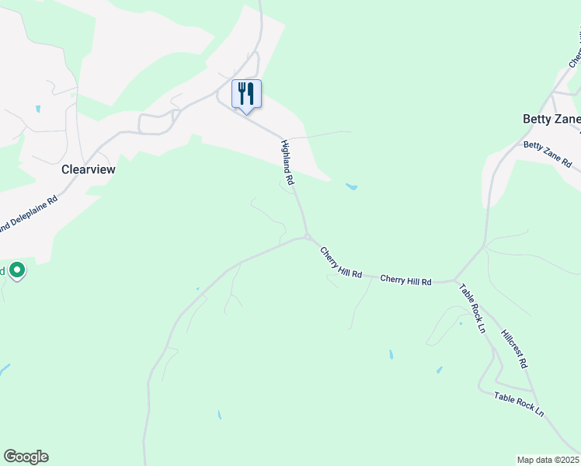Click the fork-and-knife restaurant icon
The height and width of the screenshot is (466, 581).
pyautogui.click(x=246, y=94)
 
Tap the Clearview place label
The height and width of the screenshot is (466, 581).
pyautogui.click(x=88, y=169)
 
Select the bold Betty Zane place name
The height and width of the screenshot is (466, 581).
pyautogui.click(x=551, y=120)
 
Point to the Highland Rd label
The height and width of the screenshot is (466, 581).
pyautogui.click(x=287, y=162)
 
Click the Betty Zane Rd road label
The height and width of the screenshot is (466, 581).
pyautogui.click(x=548, y=155)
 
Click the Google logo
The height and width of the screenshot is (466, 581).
pyautogui.click(x=26, y=457)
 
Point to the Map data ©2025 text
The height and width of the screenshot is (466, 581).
pyautogui.click(x=548, y=460)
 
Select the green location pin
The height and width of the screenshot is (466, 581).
pyautogui.click(x=16, y=270)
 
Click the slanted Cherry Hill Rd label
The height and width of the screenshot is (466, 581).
pyautogui.click(x=341, y=263)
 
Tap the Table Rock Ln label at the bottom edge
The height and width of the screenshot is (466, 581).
pyautogui.click(x=519, y=405)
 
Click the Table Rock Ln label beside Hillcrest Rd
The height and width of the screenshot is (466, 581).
pyautogui.click(x=471, y=308)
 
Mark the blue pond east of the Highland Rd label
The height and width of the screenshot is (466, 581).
pyautogui.click(x=351, y=186)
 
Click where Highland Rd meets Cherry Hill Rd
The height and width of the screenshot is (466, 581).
pyautogui.click(x=308, y=237)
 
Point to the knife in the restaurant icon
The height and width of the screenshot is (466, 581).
pyautogui.click(x=251, y=94)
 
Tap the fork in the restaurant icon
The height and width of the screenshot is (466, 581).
pyautogui.click(x=242, y=93)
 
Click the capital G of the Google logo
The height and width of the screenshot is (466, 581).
pyautogui.click(x=10, y=457)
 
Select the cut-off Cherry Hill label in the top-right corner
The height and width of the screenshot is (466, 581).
pyautogui.click(x=575, y=50)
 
